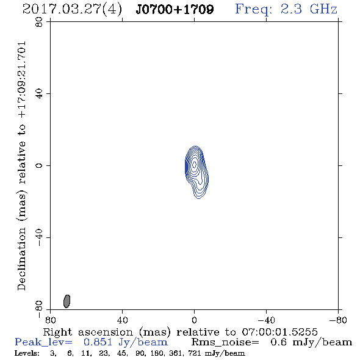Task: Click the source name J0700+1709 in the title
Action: (x=175, y=9)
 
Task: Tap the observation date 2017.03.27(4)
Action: (x=72, y=10)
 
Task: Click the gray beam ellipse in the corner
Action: (x=67, y=301)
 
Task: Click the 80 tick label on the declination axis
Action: (x=39, y=22)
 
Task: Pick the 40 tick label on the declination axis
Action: (x=39, y=94)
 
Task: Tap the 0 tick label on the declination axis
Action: (x=39, y=165)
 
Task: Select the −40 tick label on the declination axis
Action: (x=39, y=237)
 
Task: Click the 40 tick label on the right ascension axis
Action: (x=122, y=320)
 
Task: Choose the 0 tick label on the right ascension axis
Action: (x=194, y=320)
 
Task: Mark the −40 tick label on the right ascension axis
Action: (x=266, y=320)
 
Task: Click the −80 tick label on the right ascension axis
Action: (x=338, y=320)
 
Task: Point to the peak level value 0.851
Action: (x=98, y=342)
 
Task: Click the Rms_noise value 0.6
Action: (x=278, y=342)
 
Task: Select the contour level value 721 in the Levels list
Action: (x=195, y=353)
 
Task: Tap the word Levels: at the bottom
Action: (x=27, y=353)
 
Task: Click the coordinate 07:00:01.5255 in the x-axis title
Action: (x=279, y=332)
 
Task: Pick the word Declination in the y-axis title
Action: (x=21, y=259)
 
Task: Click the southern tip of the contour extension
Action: (x=199, y=198)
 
